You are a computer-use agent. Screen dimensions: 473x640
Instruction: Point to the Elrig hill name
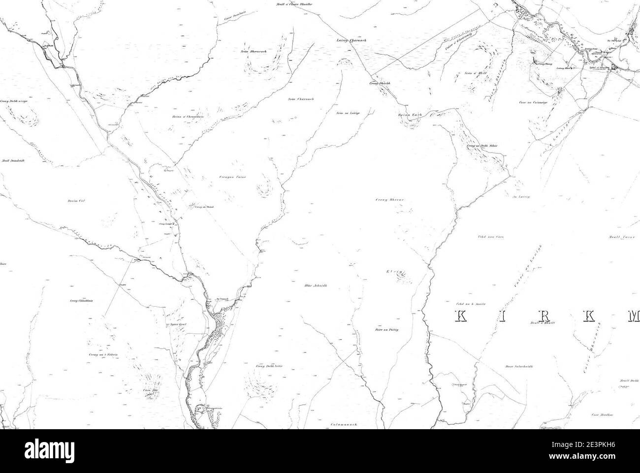pos(395,271)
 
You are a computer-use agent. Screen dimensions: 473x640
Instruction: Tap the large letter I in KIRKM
pos(502,317)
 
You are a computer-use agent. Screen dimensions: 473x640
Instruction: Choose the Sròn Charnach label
pos(301,99)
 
